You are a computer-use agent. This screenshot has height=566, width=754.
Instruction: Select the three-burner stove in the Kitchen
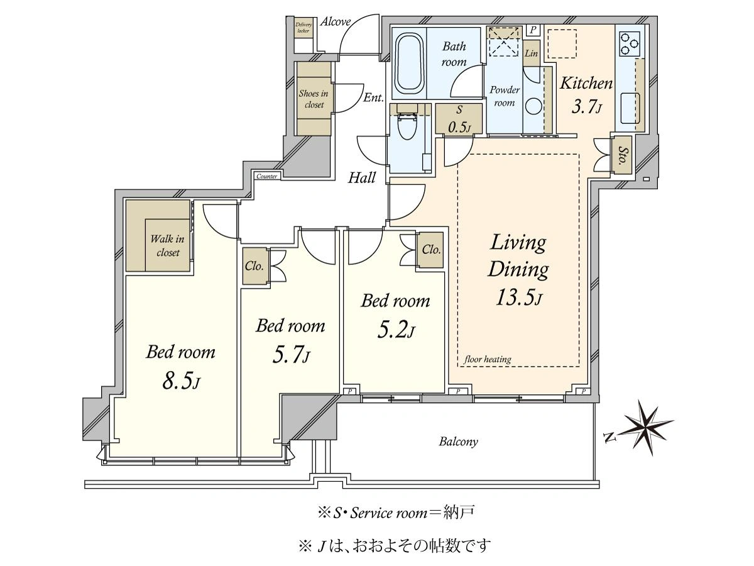click(630, 43)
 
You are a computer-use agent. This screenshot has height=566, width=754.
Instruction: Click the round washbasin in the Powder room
click(533, 106)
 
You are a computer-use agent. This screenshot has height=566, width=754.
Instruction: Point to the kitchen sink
click(630, 108)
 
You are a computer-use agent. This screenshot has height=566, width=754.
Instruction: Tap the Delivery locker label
click(303, 28)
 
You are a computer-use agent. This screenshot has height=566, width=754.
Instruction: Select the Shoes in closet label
click(314, 99)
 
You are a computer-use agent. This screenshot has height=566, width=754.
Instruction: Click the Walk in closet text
click(167, 245)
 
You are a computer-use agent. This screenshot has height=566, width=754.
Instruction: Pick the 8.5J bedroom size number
click(181, 380)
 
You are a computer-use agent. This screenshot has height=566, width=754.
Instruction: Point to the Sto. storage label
click(623, 155)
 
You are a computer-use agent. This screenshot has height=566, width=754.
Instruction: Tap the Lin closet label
click(531, 53)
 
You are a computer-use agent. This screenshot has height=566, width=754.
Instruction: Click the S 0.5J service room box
click(459, 119)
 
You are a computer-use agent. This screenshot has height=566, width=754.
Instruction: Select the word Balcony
click(458, 441)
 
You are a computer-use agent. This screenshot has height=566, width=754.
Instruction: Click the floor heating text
click(488, 360)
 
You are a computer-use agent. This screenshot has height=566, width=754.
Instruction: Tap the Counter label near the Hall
click(266, 176)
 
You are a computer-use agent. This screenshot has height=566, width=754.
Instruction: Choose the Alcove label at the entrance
click(336, 22)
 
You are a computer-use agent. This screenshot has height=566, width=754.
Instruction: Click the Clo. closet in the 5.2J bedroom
click(430, 250)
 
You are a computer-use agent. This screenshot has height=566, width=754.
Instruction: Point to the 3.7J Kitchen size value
click(586, 107)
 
